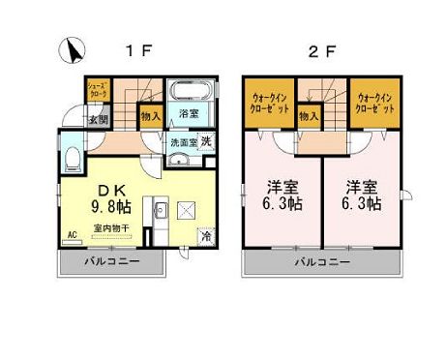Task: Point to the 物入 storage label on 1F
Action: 150,114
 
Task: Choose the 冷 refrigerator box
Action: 207,235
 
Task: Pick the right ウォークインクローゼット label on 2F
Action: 375,104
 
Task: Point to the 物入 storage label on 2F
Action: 309,115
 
